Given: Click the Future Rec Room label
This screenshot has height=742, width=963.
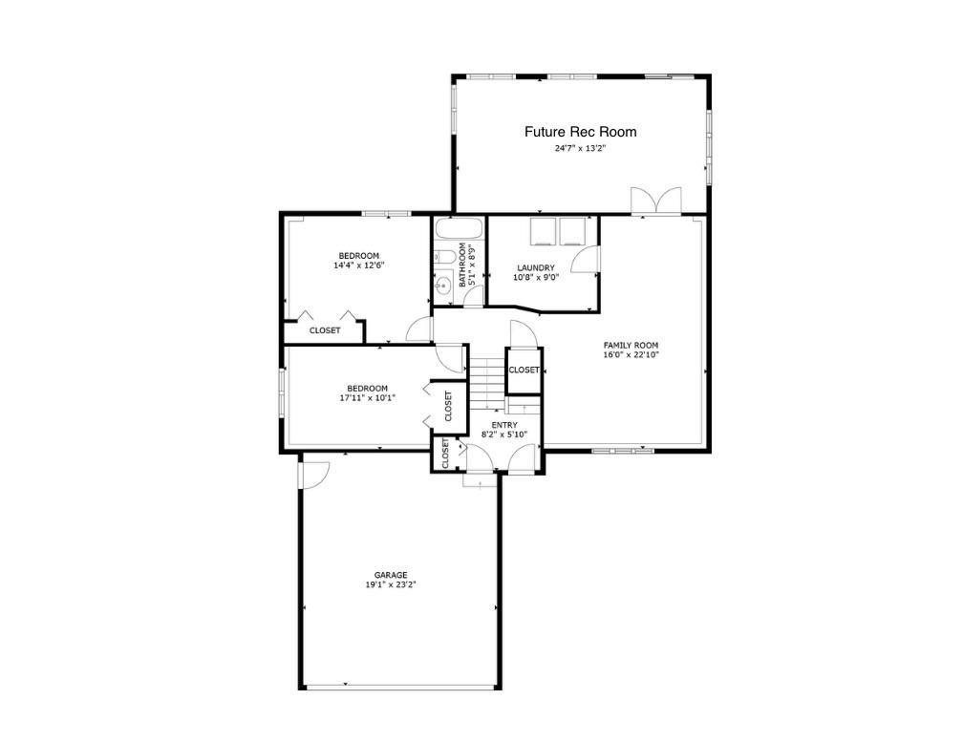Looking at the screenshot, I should coord(580,132).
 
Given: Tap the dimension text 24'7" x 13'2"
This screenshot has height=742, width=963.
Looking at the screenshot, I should coord(580,149).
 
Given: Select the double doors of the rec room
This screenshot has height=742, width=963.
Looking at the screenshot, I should coord(655,201).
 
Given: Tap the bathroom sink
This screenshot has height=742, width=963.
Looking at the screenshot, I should coord(443,285).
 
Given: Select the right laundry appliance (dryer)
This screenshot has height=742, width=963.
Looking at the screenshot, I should coord(572,231).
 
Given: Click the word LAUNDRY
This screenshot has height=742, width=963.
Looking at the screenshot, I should coord(536,268).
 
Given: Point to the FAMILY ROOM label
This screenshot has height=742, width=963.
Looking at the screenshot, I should coord(631,346).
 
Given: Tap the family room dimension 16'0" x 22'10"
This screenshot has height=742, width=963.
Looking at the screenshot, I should coord(631,355).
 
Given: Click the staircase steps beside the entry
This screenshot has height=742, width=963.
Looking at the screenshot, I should coord(488,378).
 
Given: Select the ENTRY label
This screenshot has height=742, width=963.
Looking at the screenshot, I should coord(504,425).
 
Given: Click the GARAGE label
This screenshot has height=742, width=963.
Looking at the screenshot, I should coord(391,575).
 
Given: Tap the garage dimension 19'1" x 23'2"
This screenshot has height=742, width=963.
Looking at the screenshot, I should coord(391,584).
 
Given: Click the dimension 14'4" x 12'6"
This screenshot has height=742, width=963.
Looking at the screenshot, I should coord(359,265).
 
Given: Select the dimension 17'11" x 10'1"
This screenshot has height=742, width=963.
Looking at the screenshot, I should coord(367,397).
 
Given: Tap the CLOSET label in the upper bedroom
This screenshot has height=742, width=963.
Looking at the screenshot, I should coord(325,330).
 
